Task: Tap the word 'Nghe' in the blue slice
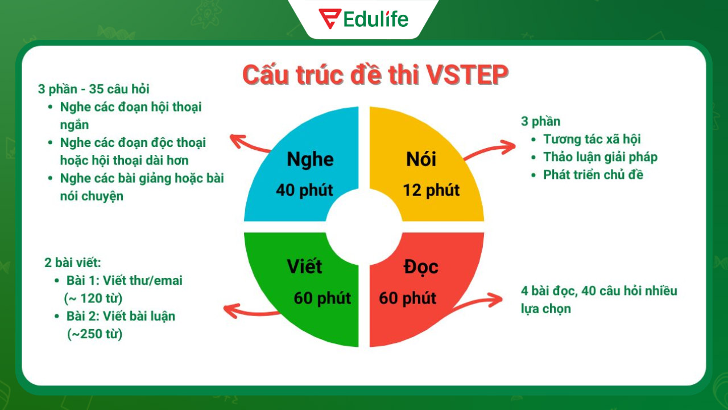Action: coord(309,159)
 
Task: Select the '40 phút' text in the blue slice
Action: coord(304,190)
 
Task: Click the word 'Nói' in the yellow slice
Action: coord(421,159)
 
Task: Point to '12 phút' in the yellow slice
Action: coord(431,190)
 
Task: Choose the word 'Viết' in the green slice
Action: coord(304,266)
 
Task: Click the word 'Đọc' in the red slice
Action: coord(421,266)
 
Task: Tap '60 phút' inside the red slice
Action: coord(407,298)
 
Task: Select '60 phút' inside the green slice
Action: coord(322,298)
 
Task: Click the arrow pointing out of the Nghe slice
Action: coord(250,144)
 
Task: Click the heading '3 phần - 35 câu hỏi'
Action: coord(94,89)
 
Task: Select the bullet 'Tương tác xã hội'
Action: coord(591,139)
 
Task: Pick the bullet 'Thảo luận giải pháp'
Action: coord(600,157)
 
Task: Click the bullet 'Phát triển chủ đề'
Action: coord(593,174)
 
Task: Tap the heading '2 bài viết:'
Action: coord(73,263)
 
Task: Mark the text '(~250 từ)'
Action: coord(94,334)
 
